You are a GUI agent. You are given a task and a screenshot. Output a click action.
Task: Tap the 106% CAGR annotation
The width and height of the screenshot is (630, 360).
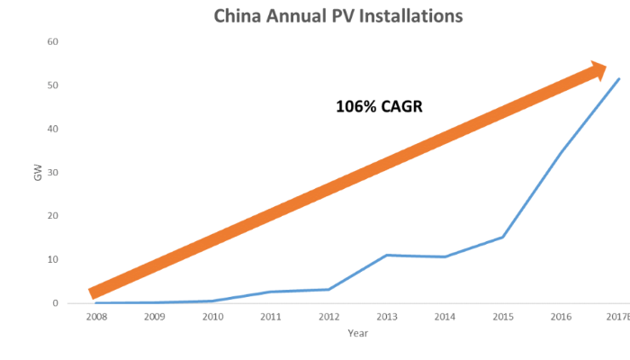click(379, 106)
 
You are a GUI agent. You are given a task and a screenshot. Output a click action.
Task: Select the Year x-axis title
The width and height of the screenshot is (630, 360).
click(358, 333)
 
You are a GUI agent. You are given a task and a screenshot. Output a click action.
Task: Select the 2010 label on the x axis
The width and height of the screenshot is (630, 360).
click(211, 317)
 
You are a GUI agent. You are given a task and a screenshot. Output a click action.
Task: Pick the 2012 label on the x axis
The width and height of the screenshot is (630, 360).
click(328, 317)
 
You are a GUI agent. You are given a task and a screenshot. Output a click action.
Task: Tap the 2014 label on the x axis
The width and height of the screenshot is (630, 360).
click(445, 317)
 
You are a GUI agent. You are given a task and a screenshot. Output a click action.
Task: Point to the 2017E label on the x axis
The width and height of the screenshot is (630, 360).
click(617, 317)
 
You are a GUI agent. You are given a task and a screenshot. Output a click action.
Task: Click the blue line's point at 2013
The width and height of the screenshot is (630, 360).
click(387, 255)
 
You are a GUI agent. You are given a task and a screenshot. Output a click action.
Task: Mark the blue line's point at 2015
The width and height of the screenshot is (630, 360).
click(503, 237)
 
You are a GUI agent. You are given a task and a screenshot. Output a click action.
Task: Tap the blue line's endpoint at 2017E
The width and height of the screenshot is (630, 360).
click(619, 79)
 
